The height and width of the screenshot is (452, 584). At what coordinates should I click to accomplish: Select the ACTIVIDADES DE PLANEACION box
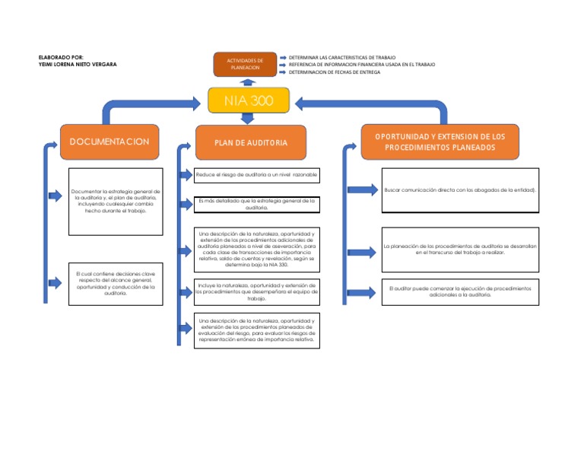coord(245,64)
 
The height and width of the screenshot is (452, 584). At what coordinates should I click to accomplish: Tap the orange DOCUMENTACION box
coord(109,142)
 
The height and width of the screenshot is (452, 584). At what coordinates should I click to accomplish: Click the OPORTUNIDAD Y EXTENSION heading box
coord(440,142)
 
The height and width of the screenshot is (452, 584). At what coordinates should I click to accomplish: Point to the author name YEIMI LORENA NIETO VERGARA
coord(78,64)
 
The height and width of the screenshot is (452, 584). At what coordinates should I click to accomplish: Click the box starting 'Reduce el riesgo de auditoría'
coord(256,175)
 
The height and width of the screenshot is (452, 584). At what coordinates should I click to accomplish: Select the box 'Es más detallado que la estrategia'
coord(256,204)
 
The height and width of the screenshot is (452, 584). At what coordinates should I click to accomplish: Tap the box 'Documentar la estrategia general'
coord(114,199)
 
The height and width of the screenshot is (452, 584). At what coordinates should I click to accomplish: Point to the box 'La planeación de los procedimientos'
coord(460,249)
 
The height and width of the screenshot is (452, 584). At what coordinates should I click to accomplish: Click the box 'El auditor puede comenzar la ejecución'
coord(460,291)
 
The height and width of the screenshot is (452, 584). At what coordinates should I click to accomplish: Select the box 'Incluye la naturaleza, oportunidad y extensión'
coord(256,291)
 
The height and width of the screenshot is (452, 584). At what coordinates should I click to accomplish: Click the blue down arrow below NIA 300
coord(247,118)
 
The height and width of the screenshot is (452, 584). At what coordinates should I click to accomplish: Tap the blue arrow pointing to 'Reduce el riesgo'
coord(185,175)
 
